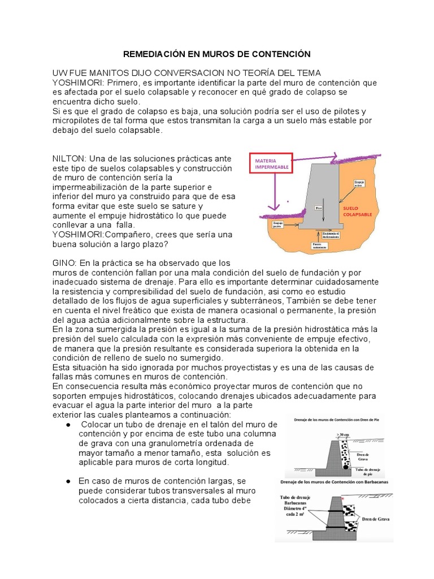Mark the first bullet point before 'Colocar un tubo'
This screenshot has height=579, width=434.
pos(68,425)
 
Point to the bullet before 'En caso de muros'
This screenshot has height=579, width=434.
pos(68,481)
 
